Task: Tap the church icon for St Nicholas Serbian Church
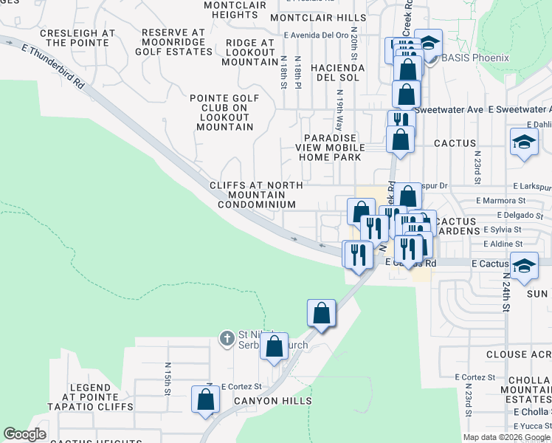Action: pyautogui.click(x=227, y=339)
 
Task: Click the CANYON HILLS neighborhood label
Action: pyautogui.click(x=273, y=401)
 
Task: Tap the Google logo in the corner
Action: pyautogui.click(x=24, y=434)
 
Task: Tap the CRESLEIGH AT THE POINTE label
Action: pyautogui.click(x=77, y=38)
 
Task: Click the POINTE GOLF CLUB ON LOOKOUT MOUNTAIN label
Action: pyautogui.click(x=225, y=112)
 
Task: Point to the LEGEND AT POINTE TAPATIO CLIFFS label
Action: pyautogui.click(x=89, y=397)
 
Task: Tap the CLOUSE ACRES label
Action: pyautogui.click(x=517, y=354)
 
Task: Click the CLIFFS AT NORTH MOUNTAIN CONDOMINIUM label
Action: pyautogui.click(x=253, y=195)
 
